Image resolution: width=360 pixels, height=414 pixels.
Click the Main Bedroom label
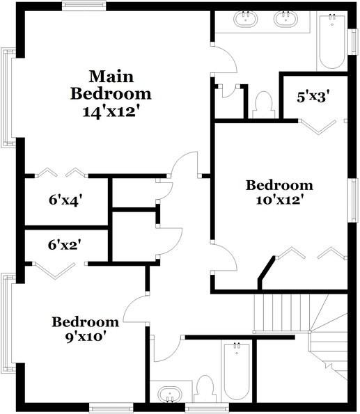click(x=110, y=83)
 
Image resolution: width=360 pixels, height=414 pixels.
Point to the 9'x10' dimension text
click(x=86, y=336)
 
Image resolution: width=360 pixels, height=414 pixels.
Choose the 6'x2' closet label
click(x=66, y=245)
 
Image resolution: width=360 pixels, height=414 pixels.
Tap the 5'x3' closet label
click(x=313, y=97)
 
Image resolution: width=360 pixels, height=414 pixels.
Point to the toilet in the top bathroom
click(x=263, y=104)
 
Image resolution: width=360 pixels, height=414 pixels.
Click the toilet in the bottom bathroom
click(x=205, y=388)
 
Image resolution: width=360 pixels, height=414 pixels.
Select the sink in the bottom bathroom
click(x=169, y=395)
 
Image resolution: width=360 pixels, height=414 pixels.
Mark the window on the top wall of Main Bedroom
click(x=84, y=6)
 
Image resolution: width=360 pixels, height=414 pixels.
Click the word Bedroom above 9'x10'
click(x=86, y=321)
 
